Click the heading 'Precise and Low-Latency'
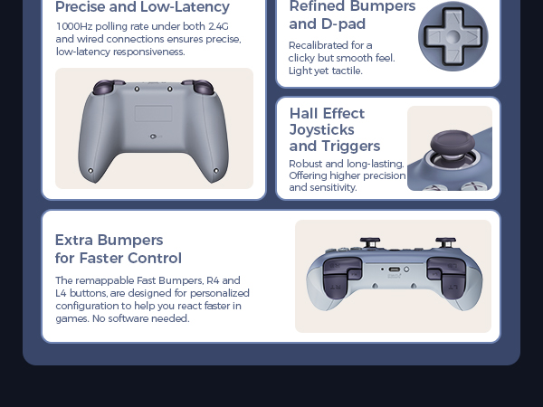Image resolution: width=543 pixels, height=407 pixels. pyautogui.click(x=142, y=7)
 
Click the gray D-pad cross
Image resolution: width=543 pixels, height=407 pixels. pyautogui.click(x=452, y=35)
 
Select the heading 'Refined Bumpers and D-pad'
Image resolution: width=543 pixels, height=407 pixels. pyautogui.click(x=351, y=15)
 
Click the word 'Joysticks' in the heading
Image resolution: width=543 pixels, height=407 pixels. pyautogui.click(x=321, y=129)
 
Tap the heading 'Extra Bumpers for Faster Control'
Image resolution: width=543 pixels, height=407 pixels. pyautogui.click(x=118, y=249)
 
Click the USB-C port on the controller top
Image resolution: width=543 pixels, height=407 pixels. pyautogui.click(x=394, y=270)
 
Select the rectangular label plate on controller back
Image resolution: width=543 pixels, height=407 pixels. pyautogui.click(x=153, y=113)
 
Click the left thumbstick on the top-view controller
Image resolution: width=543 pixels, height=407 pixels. pyautogui.click(x=369, y=242)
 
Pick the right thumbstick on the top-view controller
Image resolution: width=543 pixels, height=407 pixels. pyautogui.click(x=445, y=242)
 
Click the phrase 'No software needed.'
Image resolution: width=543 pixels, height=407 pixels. pyautogui.click(x=147, y=318)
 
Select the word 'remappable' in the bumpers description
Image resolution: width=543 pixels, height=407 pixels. pyautogui.click(x=107, y=280)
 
